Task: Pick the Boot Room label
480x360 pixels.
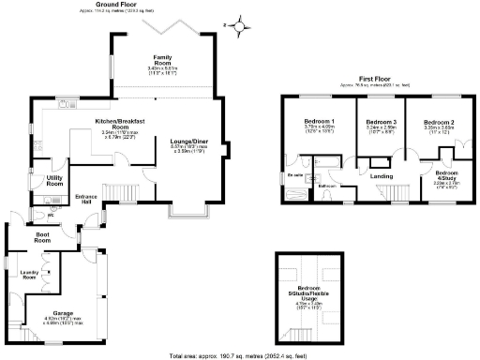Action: tap(42, 239)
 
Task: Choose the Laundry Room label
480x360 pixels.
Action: tap(28, 276)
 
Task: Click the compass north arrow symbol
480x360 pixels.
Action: tap(243, 26)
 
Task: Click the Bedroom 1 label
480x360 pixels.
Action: tap(321, 123)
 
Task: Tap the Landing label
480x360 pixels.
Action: tap(381, 174)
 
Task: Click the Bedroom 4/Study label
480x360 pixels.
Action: tap(446, 176)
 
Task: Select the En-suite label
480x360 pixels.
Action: tap(295, 173)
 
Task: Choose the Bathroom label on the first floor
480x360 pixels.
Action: tap(327, 187)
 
